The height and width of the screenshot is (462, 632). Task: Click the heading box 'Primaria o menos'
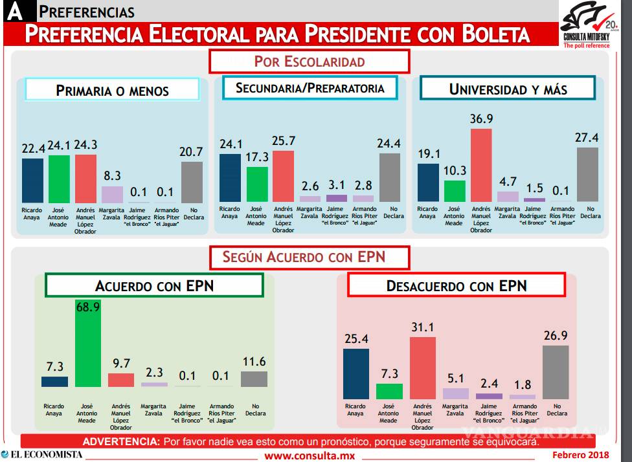[x=113, y=91]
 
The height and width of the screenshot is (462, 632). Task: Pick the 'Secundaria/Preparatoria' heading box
[x=310, y=88]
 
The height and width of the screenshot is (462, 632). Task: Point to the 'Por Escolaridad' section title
[x=309, y=62]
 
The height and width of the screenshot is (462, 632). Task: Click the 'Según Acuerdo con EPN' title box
[x=309, y=257]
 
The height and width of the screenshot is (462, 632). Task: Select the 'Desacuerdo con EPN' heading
[x=457, y=285]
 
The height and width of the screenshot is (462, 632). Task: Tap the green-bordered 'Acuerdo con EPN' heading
[x=153, y=286]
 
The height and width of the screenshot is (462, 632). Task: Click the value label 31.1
[x=423, y=327]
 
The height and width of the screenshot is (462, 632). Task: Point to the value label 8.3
[x=111, y=175]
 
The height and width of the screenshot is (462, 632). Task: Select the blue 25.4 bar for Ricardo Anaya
[x=356, y=373]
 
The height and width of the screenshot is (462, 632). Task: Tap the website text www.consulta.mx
[x=310, y=456]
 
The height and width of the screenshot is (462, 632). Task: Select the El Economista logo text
[x=41, y=454]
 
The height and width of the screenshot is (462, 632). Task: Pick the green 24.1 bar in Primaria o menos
[x=59, y=179]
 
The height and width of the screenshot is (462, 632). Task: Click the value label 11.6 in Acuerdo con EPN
[x=254, y=361]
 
